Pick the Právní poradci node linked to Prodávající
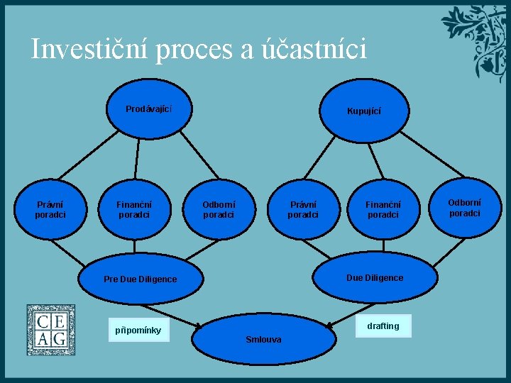coord(50,210)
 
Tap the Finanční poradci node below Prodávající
coord(134,210)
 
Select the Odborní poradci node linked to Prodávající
coord(219,210)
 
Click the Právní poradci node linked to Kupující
coord(303,210)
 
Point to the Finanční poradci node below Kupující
coord(383,210)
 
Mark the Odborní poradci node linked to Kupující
coord(464,208)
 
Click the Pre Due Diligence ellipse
coord(141,279)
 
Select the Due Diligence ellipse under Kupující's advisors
coord(374,277)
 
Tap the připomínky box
coord(138,330)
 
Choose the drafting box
coord(383,326)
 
